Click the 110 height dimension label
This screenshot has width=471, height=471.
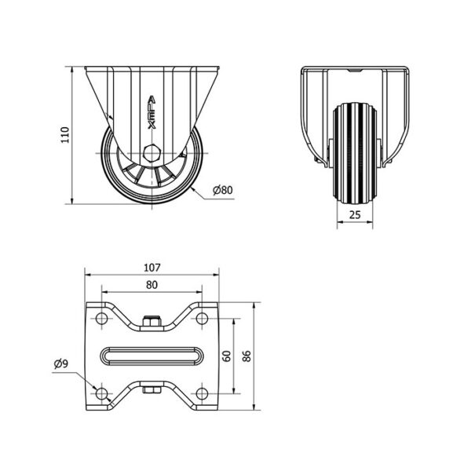[x=65, y=135]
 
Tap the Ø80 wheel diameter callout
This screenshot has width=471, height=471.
[x=223, y=190]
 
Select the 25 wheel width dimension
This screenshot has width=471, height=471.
[x=355, y=215]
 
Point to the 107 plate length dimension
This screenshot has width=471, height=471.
[x=152, y=268]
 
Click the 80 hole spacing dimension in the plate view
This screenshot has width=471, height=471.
[x=152, y=285]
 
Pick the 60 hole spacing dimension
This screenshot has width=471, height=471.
[x=228, y=356]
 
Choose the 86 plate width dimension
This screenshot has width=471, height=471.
[x=246, y=356]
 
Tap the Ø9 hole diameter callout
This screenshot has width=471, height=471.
[x=61, y=363]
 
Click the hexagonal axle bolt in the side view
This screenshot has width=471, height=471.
[x=152, y=153]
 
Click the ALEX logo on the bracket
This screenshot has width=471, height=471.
[x=152, y=112]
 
